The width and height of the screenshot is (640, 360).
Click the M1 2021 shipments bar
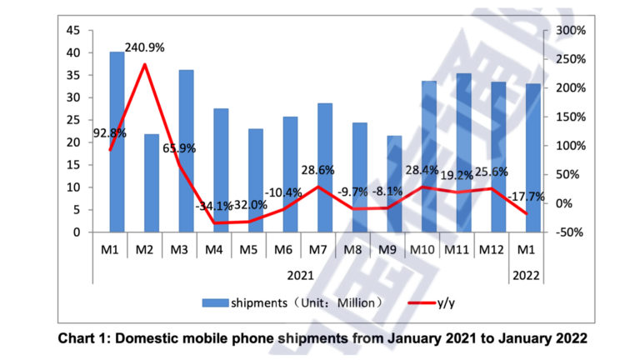tap(117, 142)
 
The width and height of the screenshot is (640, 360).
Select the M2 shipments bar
tap(152, 183)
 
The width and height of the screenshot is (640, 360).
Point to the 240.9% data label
tap(144, 47)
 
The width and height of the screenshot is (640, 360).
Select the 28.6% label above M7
tap(317, 170)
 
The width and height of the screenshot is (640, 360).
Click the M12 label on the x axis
tap(488, 249)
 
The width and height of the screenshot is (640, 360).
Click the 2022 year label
tap(524, 274)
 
